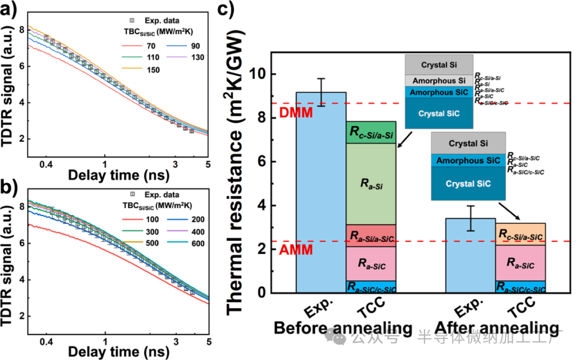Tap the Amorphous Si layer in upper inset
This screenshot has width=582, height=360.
coord(439,80)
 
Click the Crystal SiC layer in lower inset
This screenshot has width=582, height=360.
coord(468,183)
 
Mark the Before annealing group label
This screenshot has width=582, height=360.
coord(343,328)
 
